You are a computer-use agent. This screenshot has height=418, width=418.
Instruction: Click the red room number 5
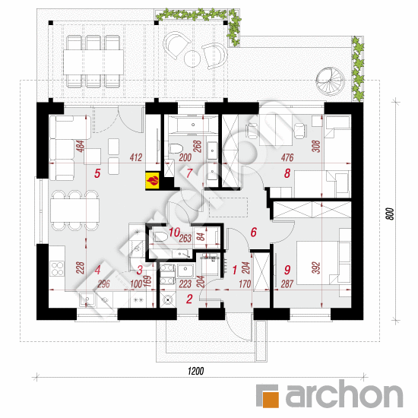(x=97, y=173)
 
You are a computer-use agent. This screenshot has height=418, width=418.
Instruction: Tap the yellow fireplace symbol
(x=153, y=181)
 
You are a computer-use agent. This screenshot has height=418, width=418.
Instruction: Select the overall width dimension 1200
(x=196, y=371)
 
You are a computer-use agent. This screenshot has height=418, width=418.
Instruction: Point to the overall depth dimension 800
(x=390, y=214)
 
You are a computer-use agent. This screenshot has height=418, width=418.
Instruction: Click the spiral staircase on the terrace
(x=330, y=81)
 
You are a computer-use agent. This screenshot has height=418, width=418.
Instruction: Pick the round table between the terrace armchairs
(x=192, y=59)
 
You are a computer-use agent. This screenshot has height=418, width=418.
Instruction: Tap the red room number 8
(x=287, y=173)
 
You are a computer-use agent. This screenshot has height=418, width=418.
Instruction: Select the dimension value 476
(x=287, y=157)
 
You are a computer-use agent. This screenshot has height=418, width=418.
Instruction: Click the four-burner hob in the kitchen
(x=57, y=268)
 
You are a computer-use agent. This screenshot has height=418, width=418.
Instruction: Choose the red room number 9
(x=287, y=270)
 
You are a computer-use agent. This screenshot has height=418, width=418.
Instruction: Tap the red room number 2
(x=189, y=299)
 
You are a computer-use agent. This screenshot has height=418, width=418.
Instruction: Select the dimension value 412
(x=136, y=157)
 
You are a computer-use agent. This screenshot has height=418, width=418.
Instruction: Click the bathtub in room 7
(x=193, y=125)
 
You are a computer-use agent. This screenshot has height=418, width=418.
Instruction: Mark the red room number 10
(x=175, y=233)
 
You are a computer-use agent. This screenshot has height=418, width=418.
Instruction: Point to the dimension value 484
(x=80, y=147)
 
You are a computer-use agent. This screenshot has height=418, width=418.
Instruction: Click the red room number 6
(x=254, y=233)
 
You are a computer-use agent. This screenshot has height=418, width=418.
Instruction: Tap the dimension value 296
(x=103, y=284)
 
